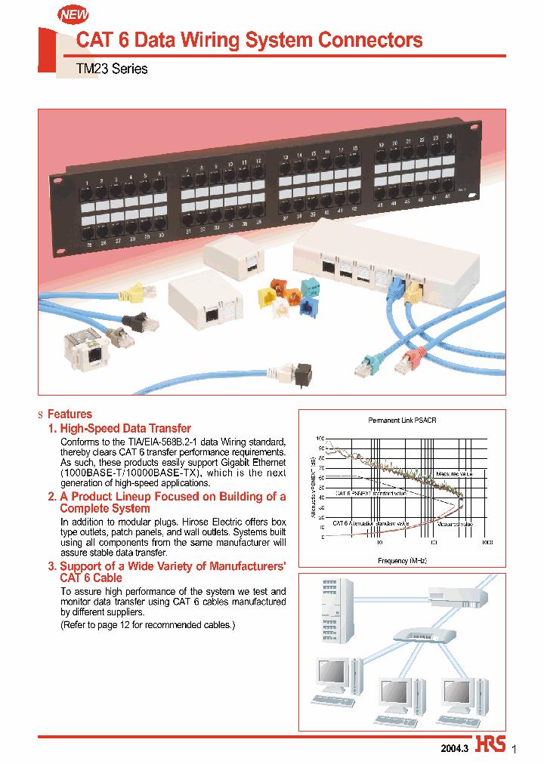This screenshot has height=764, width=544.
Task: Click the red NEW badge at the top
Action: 73,14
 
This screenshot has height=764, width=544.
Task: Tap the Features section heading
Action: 70,414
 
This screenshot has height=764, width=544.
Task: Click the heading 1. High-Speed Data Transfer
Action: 119,428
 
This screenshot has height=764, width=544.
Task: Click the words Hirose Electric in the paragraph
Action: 216,522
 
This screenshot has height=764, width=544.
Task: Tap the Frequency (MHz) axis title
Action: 403,560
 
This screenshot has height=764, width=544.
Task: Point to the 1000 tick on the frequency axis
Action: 487,542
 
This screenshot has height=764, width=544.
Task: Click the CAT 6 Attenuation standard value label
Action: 371,522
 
